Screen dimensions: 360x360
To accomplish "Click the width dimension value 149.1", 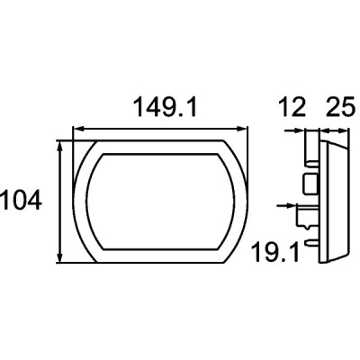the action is click(166, 107).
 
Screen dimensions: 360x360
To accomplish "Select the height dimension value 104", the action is click(21, 200).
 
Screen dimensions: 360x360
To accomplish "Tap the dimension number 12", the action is click(292, 107).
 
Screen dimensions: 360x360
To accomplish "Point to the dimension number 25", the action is click(340, 107).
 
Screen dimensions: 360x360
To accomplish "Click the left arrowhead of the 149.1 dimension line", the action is click(77, 129).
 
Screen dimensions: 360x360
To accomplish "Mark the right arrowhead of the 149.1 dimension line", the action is click(242, 129).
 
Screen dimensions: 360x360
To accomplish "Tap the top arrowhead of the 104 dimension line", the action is click(60, 147).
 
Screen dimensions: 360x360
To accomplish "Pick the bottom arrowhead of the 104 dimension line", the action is click(60, 257).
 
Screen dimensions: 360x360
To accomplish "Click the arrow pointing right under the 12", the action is click(294, 130).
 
